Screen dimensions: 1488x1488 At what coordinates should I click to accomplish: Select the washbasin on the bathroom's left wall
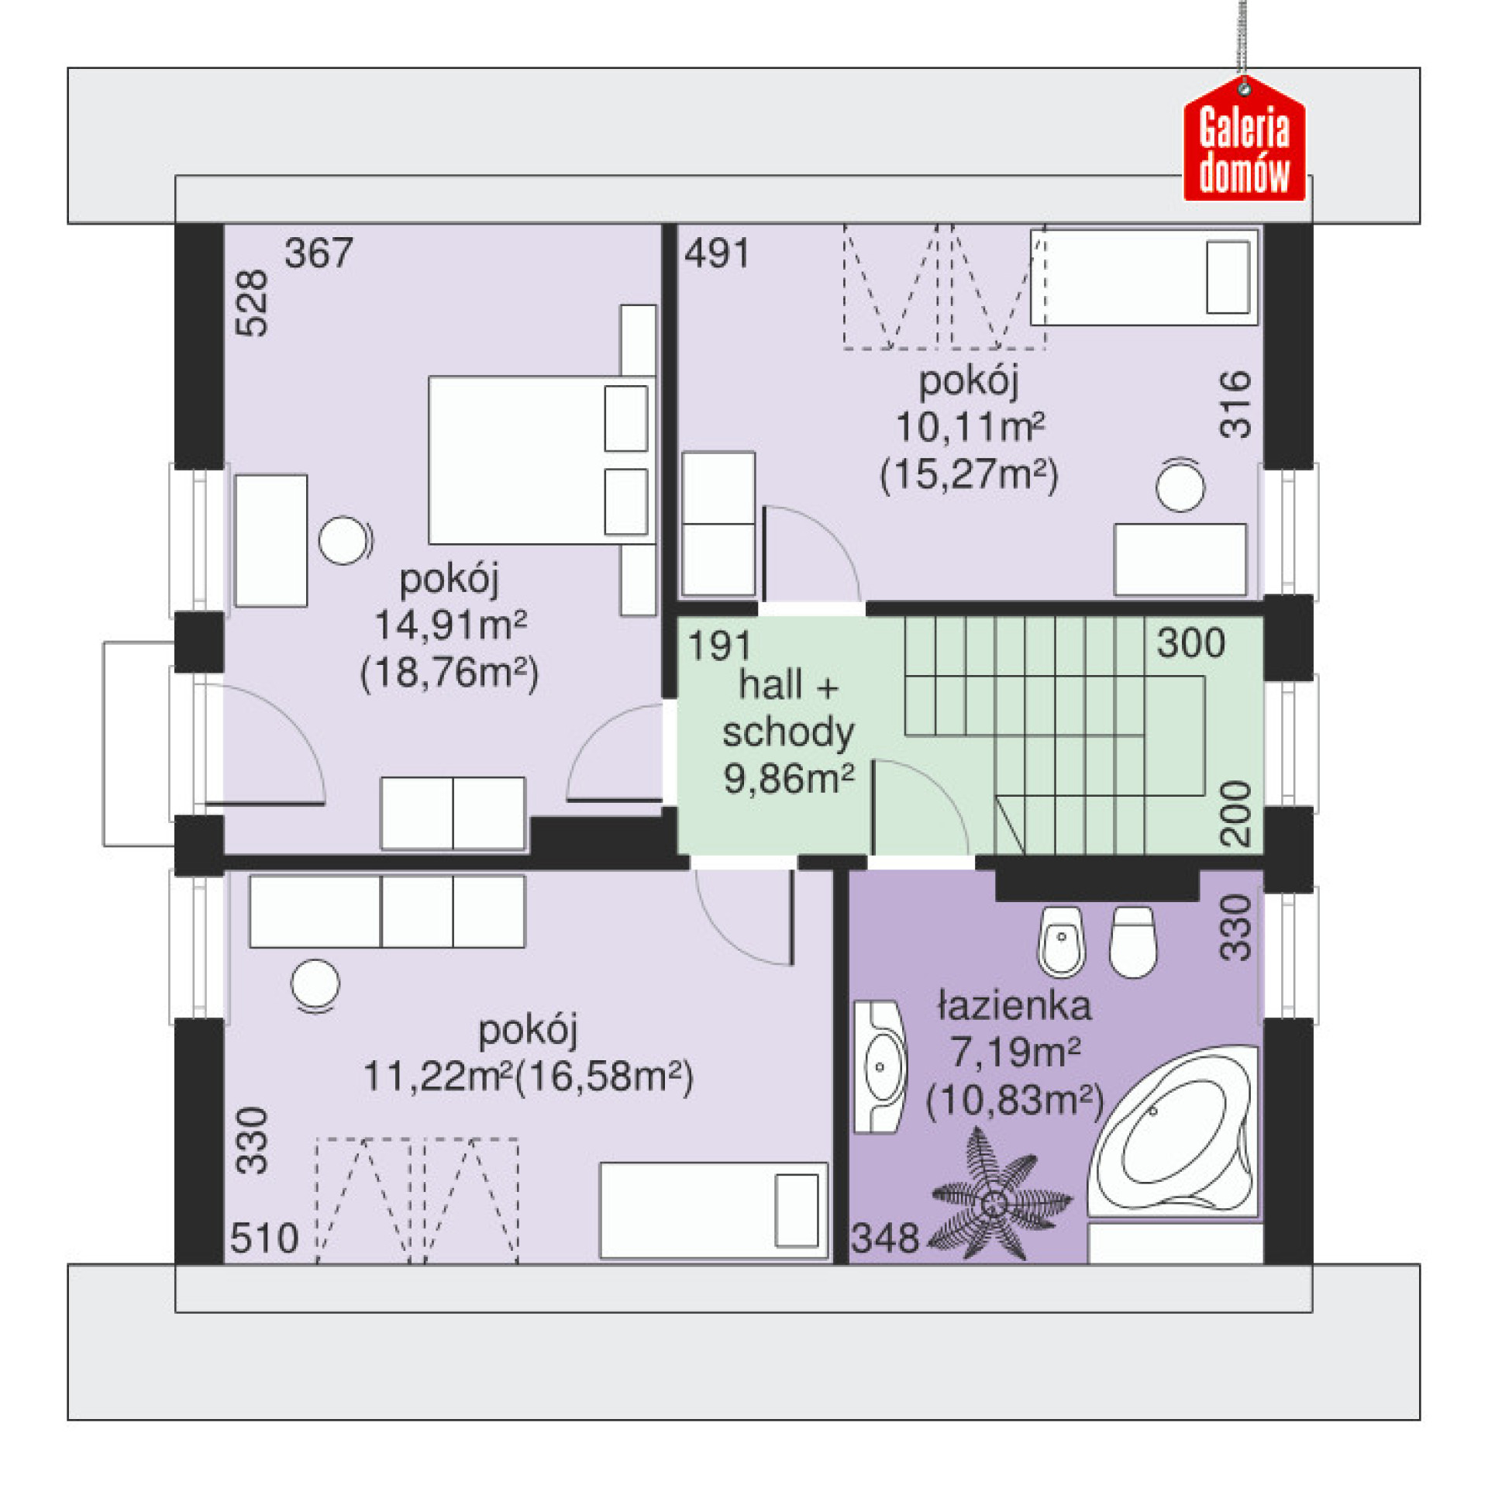(880, 1066)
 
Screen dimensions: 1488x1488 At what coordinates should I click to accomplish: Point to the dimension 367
(319, 253)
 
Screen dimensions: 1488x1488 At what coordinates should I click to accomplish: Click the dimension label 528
(251, 303)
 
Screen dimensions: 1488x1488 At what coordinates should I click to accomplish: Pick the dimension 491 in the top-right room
(717, 253)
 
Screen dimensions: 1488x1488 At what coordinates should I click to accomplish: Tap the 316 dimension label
(1235, 405)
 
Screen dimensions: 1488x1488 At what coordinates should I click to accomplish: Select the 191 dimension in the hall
(720, 646)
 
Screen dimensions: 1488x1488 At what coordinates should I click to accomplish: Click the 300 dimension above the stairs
(1191, 643)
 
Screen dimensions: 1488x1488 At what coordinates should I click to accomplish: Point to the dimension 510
(264, 1238)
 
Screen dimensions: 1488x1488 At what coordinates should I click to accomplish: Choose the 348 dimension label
(885, 1238)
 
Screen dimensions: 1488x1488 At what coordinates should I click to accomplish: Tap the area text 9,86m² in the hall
(789, 778)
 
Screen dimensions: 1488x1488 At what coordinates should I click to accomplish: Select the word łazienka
(1014, 1006)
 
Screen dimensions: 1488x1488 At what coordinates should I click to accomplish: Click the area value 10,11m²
(970, 427)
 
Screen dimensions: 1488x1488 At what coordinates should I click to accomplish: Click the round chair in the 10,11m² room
(1180, 485)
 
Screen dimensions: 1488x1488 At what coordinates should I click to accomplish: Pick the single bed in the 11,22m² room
(714, 1211)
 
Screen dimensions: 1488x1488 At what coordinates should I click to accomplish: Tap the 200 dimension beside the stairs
(1235, 814)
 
